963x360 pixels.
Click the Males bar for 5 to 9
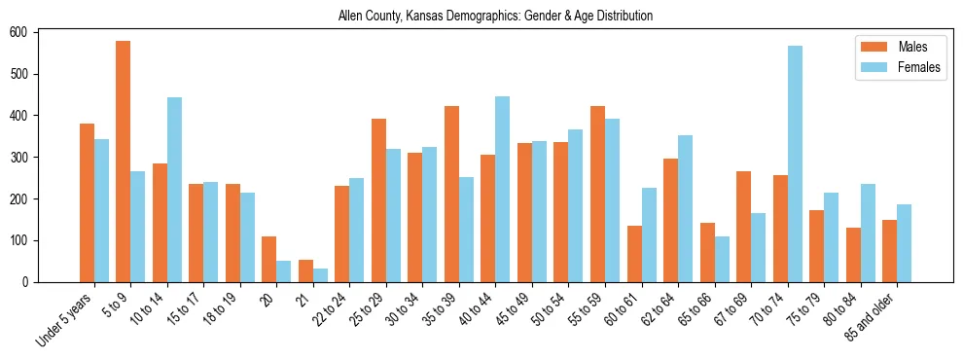point(124,162)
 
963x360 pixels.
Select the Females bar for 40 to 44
point(503,189)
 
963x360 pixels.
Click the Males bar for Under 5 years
point(87,228)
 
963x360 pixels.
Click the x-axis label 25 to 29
point(368,308)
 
